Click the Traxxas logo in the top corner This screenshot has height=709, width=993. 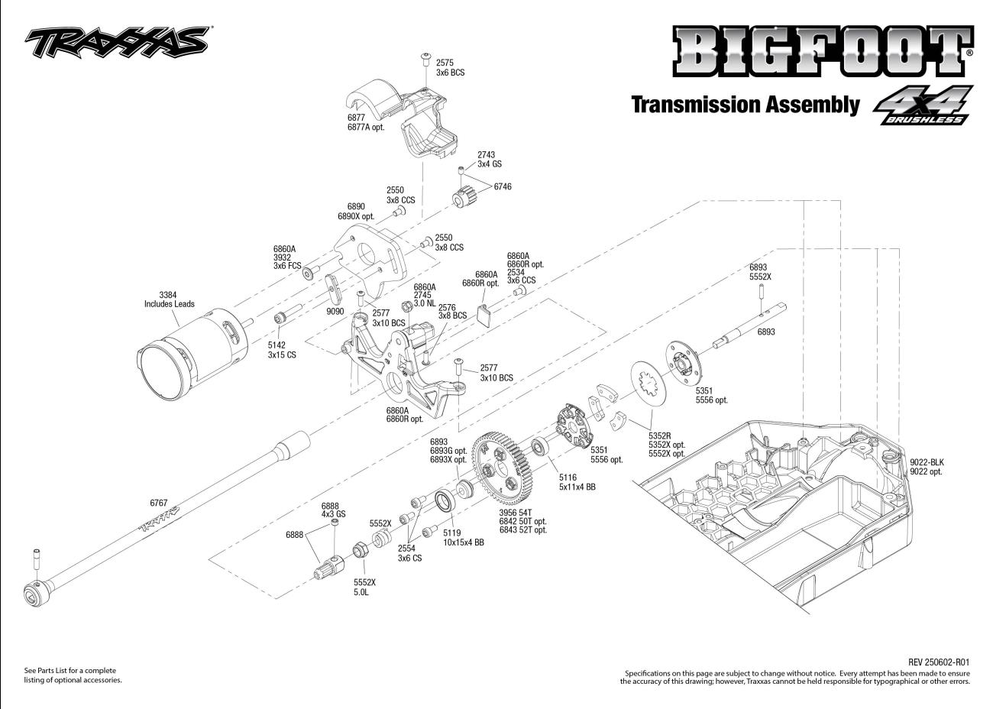[118, 42]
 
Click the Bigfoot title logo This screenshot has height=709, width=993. [823, 51]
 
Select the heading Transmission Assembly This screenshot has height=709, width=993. [746, 105]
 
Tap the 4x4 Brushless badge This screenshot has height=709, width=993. [923, 105]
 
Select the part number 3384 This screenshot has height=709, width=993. [167, 295]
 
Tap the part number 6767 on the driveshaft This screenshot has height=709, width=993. [158, 503]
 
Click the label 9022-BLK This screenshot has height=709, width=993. [927, 462]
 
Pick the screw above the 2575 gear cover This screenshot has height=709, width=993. [425, 60]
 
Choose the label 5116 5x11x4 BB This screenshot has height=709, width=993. [577, 482]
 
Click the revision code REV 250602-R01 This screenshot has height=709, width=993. [939, 662]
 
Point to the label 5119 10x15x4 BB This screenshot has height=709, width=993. [463, 537]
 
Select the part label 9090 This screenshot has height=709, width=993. [335, 311]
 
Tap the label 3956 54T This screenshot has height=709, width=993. [516, 513]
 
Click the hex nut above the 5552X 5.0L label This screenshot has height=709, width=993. [359, 551]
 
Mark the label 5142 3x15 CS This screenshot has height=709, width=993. [282, 350]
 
